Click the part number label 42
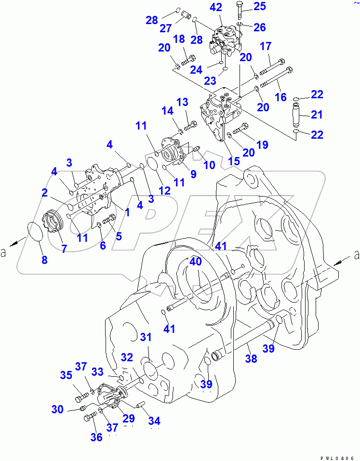point(216,7)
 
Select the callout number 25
point(260,6)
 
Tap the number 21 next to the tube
point(317,114)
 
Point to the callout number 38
point(251,358)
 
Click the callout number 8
point(44,260)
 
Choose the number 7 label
point(64,248)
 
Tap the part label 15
point(234,161)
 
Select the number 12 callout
point(165,191)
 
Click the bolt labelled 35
point(81,397)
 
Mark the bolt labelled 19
point(240,129)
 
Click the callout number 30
point(57,409)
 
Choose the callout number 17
point(266,47)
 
